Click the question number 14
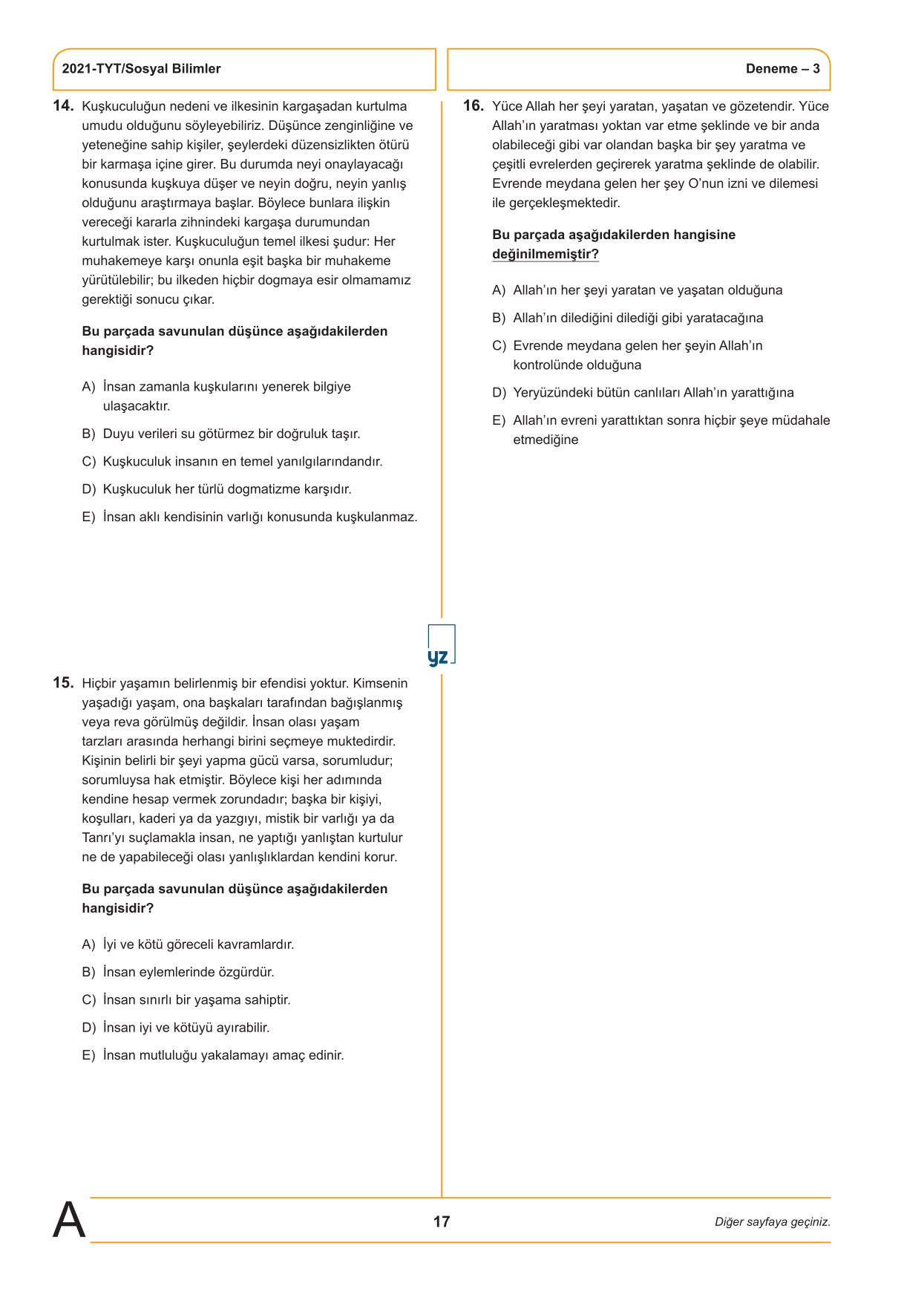(63, 106)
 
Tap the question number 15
(63, 683)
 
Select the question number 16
(474, 106)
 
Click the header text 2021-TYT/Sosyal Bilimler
(141, 69)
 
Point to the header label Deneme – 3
(782, 69)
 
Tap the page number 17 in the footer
(442, 1221)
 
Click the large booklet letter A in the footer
(69, 1220)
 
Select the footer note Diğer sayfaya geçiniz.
(772, 1222)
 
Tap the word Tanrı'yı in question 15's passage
(103, 838)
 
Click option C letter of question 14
(89, 462)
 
